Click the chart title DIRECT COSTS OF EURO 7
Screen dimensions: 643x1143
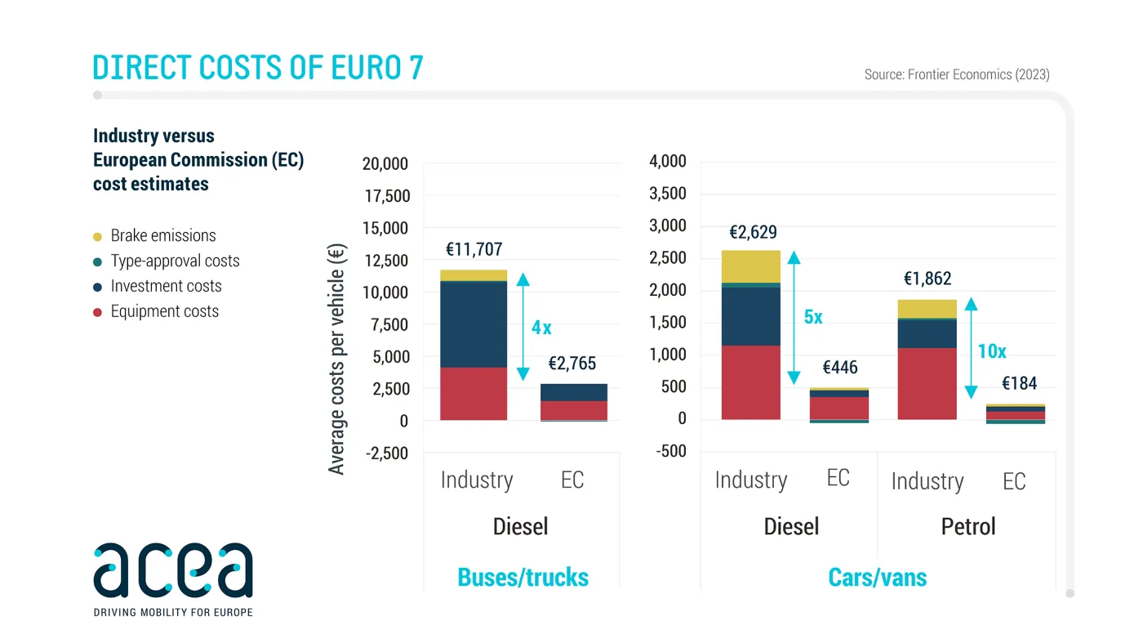[258, 67]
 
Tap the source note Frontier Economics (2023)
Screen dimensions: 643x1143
[957, 74]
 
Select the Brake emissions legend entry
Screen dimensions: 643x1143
[162, 235]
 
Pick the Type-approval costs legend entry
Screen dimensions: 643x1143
[175, 261]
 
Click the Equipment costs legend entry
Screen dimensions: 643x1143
[164, 311]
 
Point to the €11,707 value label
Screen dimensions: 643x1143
[474, 250]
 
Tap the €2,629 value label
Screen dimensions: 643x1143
[753, 233]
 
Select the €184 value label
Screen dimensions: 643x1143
[1020, 383]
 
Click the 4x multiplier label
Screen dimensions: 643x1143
[541, 328]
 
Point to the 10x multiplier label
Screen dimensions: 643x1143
[992, 352]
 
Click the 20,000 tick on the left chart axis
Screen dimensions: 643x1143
[385, 164]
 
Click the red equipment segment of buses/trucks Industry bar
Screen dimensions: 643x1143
[474, 393]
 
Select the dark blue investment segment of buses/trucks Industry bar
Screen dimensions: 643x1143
[474, 324]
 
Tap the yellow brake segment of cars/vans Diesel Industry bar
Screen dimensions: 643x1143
[751, 266]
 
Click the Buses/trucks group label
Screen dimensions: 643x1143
[523, 578]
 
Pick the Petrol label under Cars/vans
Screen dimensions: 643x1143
[968, 526]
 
